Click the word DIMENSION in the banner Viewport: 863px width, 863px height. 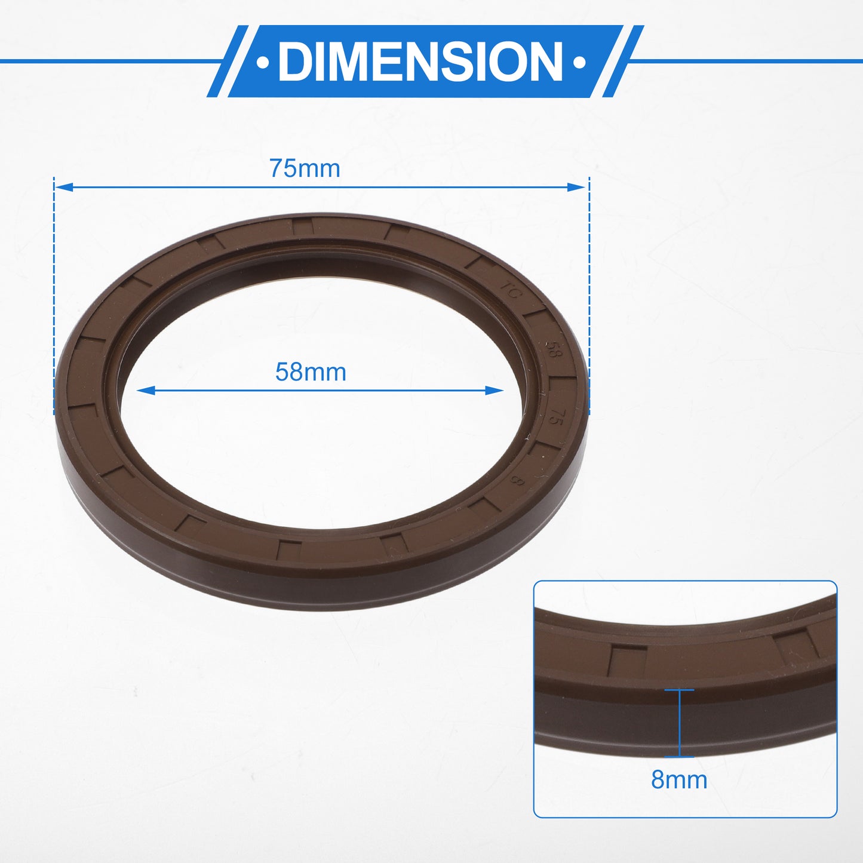420,61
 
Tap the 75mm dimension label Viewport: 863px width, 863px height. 305,169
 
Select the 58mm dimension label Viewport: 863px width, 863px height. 311,372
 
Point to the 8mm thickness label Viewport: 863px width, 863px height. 679,780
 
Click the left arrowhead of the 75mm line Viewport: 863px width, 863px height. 63,187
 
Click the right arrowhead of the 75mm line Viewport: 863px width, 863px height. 576,187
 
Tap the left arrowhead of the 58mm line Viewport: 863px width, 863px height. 146,391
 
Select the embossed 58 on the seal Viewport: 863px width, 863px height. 552,349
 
